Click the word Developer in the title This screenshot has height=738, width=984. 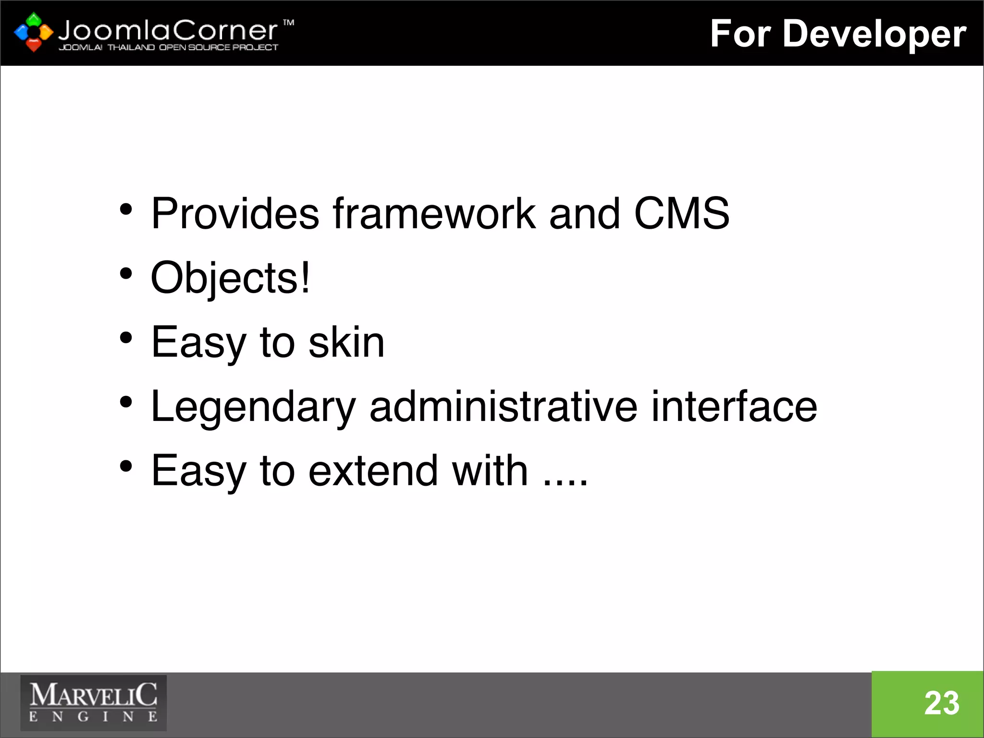[x=874, y=35]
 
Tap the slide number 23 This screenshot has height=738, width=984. [x=942, y=703]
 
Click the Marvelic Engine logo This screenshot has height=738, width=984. [x=93, y=703]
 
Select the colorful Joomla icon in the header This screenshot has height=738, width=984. [x=33, y=32]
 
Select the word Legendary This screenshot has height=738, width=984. [x=253, y=407]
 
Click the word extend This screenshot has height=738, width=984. [x=373, y=470]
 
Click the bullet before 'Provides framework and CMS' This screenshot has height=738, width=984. [x=126, y=209]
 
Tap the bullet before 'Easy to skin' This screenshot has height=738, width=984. [x=126, y=338]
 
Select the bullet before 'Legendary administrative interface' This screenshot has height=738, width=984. [x=126, y=402]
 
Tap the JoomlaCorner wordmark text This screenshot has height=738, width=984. [x=168, y=31]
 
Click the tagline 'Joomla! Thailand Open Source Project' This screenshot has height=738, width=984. [x=168, y=48]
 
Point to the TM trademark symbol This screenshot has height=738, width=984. [x=288, y=23]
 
